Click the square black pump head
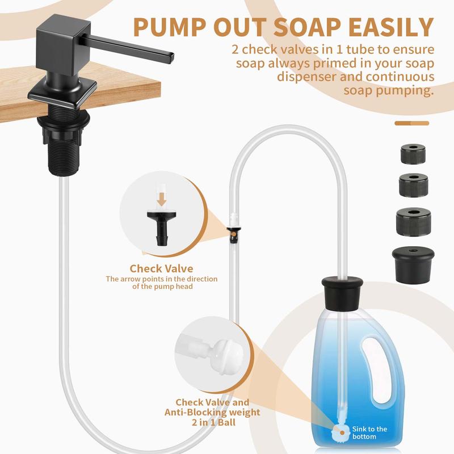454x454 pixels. tap(60, 42)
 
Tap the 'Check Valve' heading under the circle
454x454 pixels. tap(161, 268)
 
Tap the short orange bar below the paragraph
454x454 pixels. tap(411, 122)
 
